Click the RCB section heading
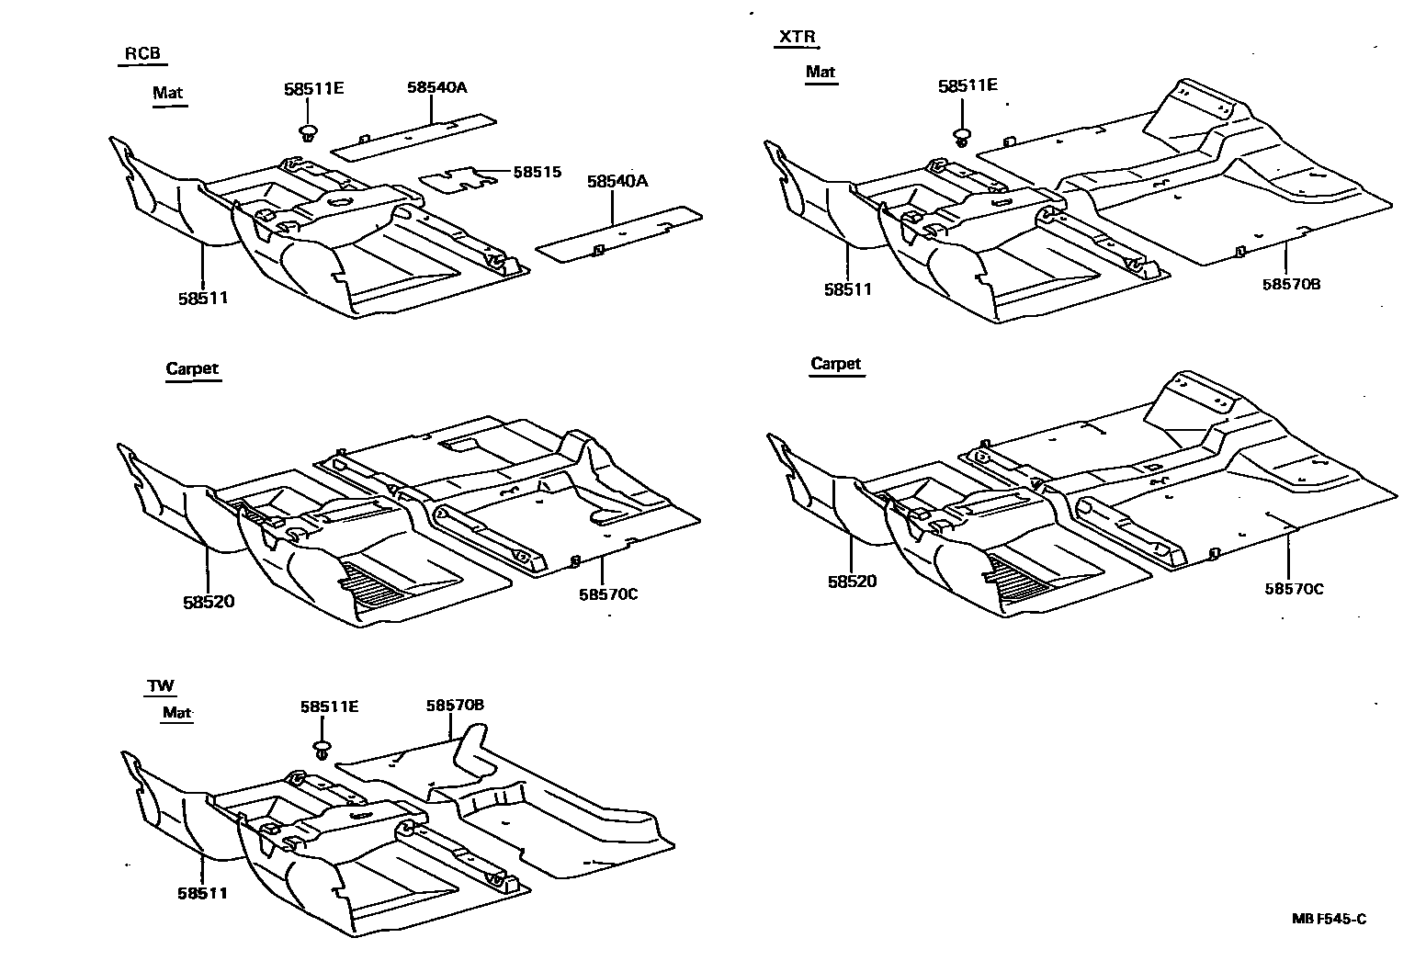[x=142, y=53]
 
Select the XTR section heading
[x=796, y=38]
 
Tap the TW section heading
[x=161, y=685]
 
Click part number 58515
[x=537, y=172]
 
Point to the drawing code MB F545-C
[x=1329, y=919]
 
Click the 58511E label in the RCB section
[x=313, y=89]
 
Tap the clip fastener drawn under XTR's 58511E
[x=962, y=139]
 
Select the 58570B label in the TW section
[x=455, y=706]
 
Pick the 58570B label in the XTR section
[x=1291, y=284]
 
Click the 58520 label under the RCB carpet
[x=209, y=603]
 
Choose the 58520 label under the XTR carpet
[x=852, y=581]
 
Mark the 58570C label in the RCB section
[x=608, y=593]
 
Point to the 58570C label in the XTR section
[x=1294, y=588]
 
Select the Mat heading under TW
[x=177, y=712]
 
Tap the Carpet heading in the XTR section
[x=836, y=364]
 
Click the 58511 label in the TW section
[x=203, y=892]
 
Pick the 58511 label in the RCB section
[x=203, y=298]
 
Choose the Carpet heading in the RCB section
[x=193, y=369]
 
